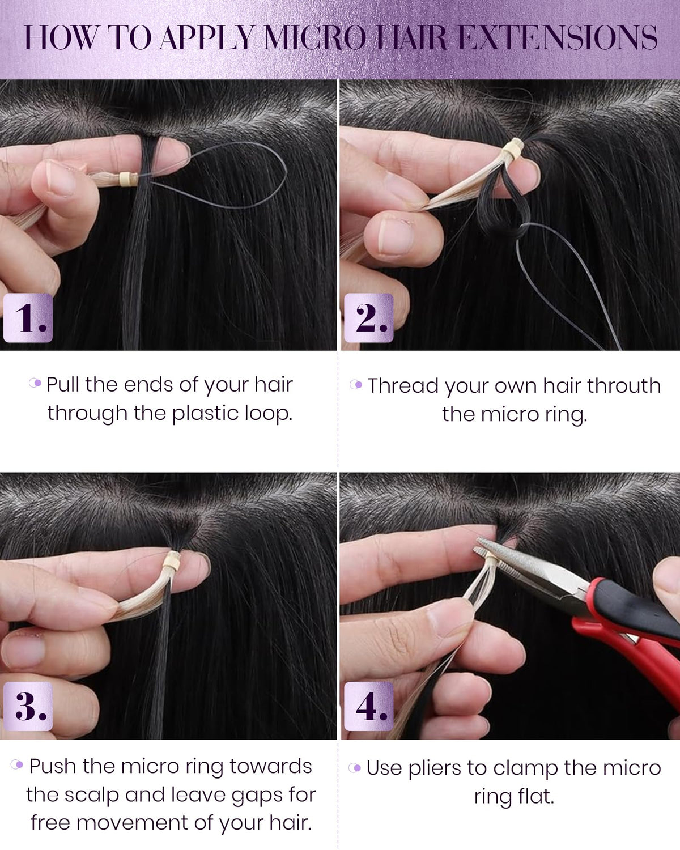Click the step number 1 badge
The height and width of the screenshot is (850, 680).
pyautogui.click(x=28, y=317)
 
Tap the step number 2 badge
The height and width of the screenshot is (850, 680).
pyautogui.click(x=369, y=317)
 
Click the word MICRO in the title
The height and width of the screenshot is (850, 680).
pyautogui.click(x=315, y=38)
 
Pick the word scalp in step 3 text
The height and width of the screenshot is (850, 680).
pyautogui.click(x=92, y=796)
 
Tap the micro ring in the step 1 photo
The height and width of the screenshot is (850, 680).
pyautogui.click(x=129, y=179)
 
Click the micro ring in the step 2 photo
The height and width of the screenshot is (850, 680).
pyautogui.click(x=513, y=148)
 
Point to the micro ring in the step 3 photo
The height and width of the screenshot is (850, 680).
pyautogui.click(x=172, y=561)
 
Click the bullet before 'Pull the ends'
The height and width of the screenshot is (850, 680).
pyautogui.click(x=35, y=382)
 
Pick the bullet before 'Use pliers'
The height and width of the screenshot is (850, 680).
pyautogui.click(x=355, y=768)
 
